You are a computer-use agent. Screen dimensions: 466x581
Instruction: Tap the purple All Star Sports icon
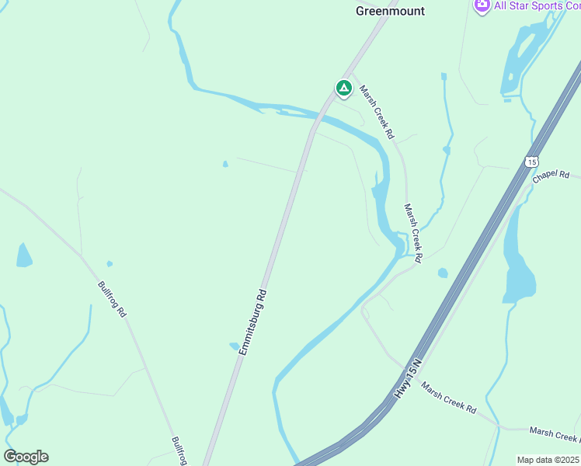point(482,5)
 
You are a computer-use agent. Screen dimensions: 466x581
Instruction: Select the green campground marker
point(343,89)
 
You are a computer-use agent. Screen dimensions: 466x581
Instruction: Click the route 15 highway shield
point(531,162)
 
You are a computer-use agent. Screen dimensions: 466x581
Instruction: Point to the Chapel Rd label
point(551,176)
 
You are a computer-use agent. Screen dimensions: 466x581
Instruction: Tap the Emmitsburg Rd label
point(253,322)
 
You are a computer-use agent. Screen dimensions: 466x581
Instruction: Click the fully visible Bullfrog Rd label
point(112,297)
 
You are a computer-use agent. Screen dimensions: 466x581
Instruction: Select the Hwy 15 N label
point(406,378)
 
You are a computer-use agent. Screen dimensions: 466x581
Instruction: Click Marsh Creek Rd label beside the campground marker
point(377,112)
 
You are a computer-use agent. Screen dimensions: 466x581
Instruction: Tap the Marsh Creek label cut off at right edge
point(554,431)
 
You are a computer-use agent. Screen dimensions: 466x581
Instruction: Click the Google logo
point(26,457)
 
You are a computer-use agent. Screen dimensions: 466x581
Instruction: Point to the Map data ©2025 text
point(548,460)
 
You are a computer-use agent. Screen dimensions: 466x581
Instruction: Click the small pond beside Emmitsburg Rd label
point(234,346)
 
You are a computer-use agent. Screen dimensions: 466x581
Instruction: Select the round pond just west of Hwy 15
point(443,273)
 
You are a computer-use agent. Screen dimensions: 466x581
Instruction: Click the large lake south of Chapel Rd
point(519,264)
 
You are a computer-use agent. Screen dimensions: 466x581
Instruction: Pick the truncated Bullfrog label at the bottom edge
point(179,450)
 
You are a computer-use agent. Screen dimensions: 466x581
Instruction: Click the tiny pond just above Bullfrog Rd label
point(110,263)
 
